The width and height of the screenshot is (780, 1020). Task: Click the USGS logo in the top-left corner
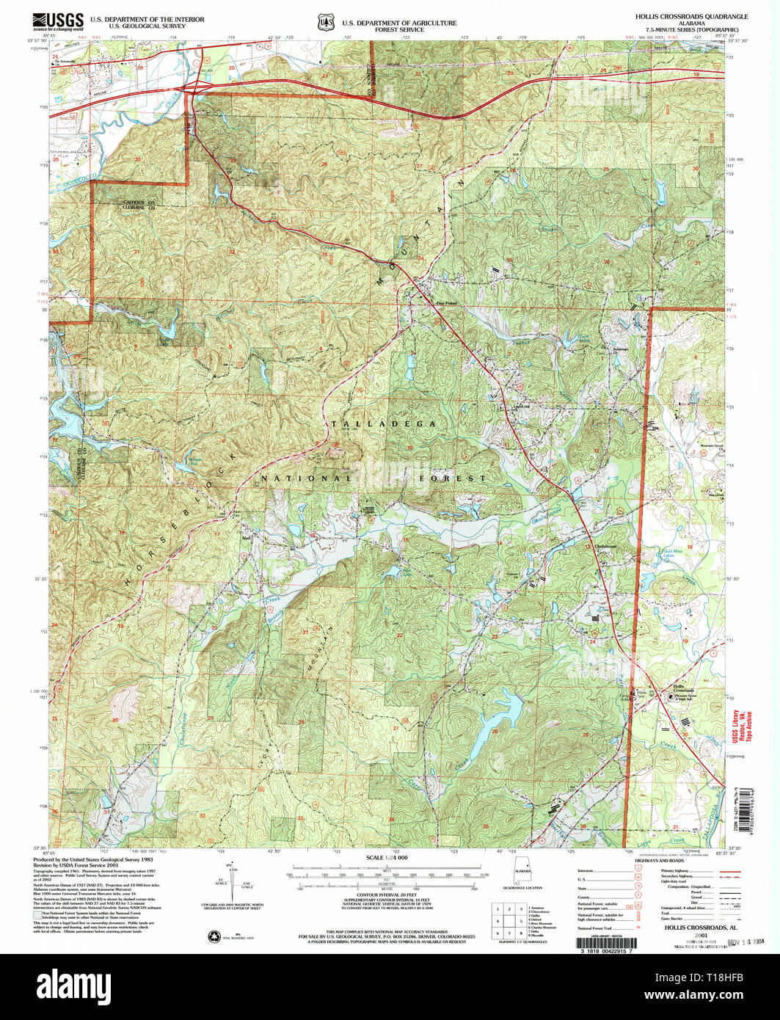click(56, 21)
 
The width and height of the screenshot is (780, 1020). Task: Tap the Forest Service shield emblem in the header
click(324, 22)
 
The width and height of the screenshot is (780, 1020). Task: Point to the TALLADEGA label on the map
click(384, 424)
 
